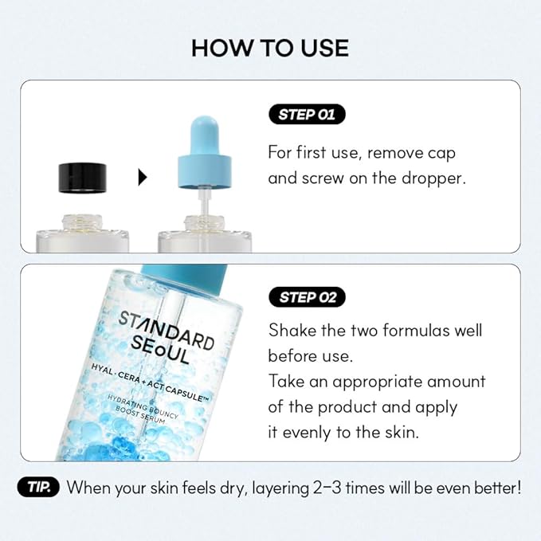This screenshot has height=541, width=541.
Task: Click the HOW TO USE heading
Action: [270, 48]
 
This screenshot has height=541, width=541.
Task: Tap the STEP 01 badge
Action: [307, 115]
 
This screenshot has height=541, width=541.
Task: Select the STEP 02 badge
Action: [307, 298]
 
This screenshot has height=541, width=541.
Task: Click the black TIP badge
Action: [38, 488]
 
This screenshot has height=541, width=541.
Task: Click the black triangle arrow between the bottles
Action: [143, 177]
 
